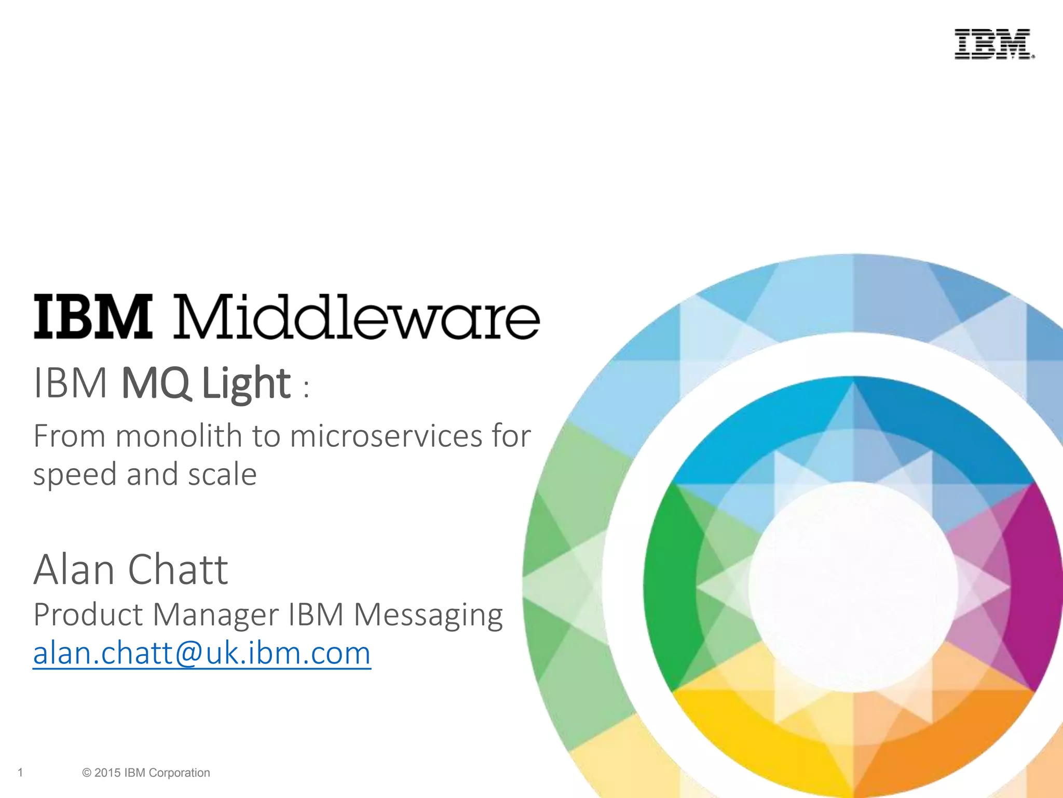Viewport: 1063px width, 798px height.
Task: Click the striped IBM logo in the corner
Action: [994, 44]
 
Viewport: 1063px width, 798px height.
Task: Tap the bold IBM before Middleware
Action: [93, 317]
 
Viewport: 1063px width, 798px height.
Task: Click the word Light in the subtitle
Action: [246, 384]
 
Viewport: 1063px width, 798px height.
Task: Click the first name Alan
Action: [74, 569]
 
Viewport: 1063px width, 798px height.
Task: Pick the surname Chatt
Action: [178, 569]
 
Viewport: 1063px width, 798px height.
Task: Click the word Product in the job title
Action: [88, 615]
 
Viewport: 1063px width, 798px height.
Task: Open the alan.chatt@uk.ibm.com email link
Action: [202, 654]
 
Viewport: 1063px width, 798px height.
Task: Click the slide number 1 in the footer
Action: [20, 773]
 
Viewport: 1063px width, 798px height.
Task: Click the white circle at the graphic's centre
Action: [852, 587]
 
